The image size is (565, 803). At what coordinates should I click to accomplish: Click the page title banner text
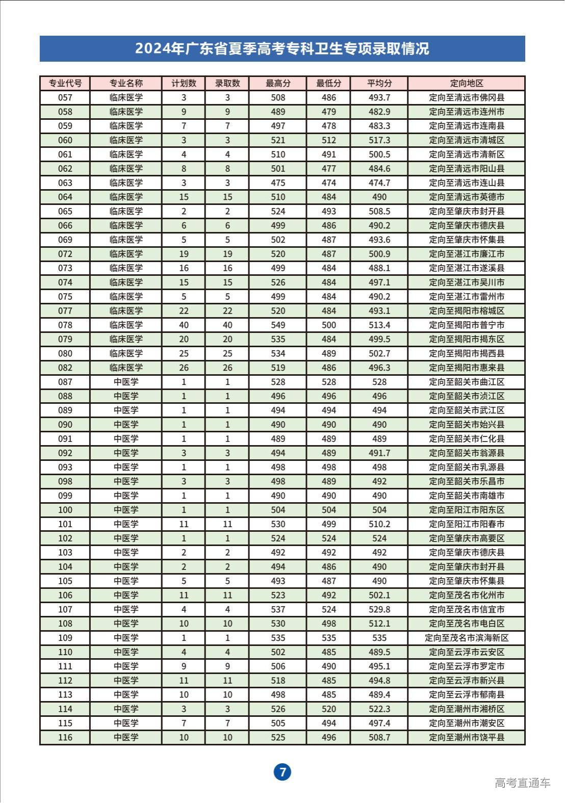(282, 49)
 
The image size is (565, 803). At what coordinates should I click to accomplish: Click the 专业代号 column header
(65, 84)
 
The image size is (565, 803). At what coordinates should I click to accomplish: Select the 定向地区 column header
(466, 84)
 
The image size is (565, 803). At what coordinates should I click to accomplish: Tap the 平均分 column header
(379, 84)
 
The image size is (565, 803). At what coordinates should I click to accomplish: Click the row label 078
(65, 325)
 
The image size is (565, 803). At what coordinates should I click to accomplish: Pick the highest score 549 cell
(278, 325)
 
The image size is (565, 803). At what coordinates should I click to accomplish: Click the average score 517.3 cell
(379, 140)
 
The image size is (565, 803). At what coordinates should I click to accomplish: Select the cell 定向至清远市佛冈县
(466, 98)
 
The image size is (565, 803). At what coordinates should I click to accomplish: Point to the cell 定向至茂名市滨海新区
(466, 638)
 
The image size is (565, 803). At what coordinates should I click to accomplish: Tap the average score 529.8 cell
(379, 609)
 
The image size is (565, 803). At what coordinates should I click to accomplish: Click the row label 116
(65, 737)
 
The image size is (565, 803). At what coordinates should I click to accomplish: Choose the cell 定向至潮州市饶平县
(466, 737)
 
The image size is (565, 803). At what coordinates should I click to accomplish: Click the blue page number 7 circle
(282, 772)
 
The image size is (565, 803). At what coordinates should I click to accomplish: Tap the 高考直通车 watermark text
(522, 783)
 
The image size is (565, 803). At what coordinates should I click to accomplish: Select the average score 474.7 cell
(379, 183)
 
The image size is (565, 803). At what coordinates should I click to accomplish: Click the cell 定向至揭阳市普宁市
(466, 325)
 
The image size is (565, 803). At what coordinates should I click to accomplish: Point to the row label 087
(65, 382)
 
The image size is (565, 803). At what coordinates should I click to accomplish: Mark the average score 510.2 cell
(379, 524)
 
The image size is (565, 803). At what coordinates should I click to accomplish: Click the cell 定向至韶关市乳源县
(466, 467)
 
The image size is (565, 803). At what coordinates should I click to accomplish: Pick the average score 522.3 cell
(379, 709)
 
